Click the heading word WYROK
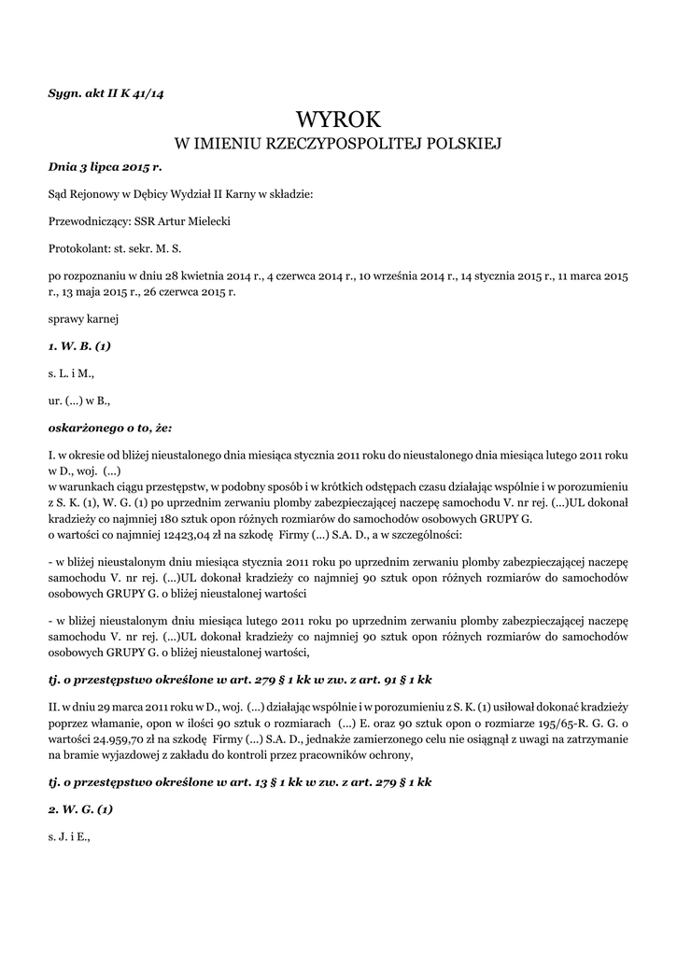[339, 119]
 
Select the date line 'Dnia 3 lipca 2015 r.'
[105, 166]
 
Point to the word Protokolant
[78, 249]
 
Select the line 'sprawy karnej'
[82, 318]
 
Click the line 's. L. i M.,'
[71, 373]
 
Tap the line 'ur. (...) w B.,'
[79, 401]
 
